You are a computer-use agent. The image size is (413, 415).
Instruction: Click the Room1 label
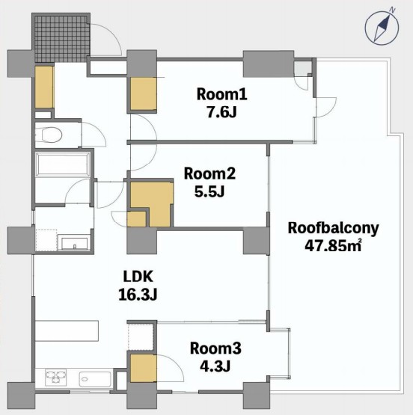[222, 94]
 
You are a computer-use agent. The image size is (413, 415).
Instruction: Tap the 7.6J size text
[221, 112]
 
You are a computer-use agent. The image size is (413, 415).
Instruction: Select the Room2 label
[209, 173]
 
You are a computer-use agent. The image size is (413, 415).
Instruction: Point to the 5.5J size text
[209, 191]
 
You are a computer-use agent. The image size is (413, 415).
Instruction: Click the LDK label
[138, 277]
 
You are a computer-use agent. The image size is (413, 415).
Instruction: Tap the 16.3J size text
[138, 294]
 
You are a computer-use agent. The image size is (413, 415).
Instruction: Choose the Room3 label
[215, 348]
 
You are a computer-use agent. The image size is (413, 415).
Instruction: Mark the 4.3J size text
[215, 366]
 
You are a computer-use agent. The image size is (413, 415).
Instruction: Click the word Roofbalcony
[333, 228]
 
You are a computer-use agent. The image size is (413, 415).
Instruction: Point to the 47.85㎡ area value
[333, 245]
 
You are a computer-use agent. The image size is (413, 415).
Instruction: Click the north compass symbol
[382, 28]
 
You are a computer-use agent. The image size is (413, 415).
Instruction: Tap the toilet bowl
[48, 135]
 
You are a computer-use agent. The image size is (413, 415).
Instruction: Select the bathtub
[63, 165]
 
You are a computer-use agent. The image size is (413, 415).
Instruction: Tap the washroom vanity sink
[75, 244]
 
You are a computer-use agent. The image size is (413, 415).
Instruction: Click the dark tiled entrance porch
[61, 38]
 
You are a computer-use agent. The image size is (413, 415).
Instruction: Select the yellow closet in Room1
[143, 94]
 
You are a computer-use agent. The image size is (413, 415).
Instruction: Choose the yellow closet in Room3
[143, 368]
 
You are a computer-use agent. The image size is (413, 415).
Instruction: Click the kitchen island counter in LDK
[67, 331]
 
